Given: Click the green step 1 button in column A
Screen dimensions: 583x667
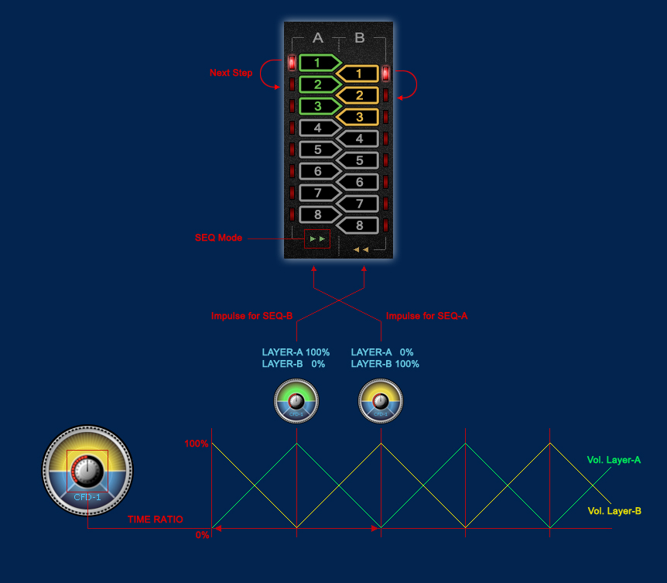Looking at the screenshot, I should click(x=318, y=62).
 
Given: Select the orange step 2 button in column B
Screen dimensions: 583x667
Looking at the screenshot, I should click(x=359, y=96).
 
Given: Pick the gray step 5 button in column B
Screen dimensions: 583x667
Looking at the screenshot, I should click(x=359, y=161).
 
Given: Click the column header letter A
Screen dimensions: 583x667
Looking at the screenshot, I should click(x=317, y=38).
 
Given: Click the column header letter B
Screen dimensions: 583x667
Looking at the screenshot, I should click(x=360, y=38).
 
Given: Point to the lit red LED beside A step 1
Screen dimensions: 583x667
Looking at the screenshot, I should click(x=292, y=63).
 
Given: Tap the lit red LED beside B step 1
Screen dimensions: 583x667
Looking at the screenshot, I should click(x=385, y=74).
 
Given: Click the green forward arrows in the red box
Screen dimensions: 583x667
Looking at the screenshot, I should click(x=317, y=239).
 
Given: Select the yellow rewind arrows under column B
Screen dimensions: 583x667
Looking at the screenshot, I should click(x=361, y=249).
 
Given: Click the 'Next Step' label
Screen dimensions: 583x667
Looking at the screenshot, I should click(x=231, y=73).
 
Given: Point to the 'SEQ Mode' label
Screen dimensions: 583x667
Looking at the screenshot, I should click(x=218, y=238).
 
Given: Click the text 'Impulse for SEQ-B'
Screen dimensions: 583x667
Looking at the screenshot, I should click(x=251, y=316).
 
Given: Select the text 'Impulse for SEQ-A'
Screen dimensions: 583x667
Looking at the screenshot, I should click(x=426, y=316).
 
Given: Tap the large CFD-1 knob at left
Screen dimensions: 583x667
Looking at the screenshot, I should click(x=87, y=469).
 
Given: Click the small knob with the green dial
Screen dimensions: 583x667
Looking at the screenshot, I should click(x=296, y=402).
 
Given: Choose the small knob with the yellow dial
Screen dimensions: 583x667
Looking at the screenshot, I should click(x=381, y=402).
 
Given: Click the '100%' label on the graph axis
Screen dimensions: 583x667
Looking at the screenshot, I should click(x=197, y=444).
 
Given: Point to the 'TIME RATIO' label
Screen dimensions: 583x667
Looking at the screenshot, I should click(x=156, y=520).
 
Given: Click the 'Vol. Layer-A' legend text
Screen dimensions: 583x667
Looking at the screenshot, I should click(x=614, y=460).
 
